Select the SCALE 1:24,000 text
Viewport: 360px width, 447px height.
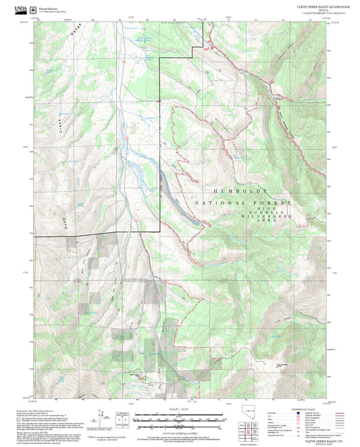click(x=179, y=408)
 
